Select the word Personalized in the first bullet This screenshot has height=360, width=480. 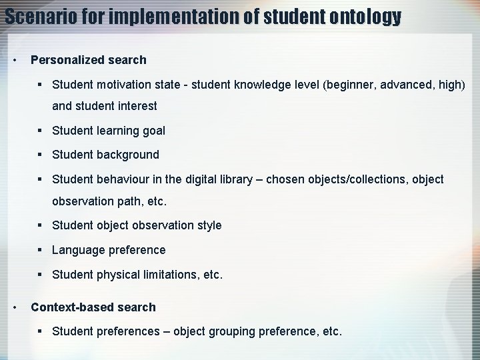point(66,60)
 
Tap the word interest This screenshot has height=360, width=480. point(137,106)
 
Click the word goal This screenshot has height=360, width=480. point(152,131)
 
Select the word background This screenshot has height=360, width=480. point(127,155)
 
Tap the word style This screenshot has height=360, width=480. point(209,225)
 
